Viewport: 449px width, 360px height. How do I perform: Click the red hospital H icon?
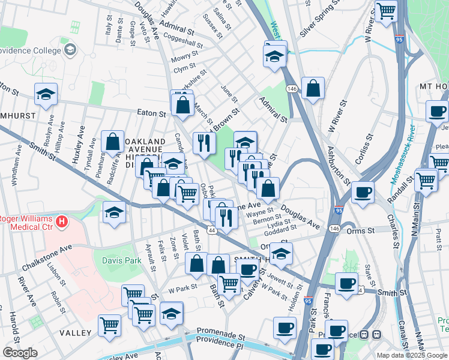click(x=61, y=223)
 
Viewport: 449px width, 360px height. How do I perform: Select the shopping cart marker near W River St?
click(x=386, y=11)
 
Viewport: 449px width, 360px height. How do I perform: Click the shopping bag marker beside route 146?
click(x=313, y=89)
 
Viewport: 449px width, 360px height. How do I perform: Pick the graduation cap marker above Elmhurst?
click(x=46, y=94)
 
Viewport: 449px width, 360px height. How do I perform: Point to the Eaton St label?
click(x=151, y=112)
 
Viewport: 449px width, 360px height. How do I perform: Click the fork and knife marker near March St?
click(x=204, y=143)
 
